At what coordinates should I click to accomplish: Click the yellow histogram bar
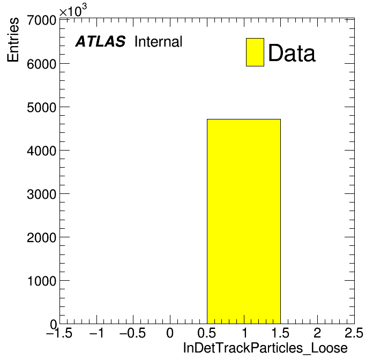244,221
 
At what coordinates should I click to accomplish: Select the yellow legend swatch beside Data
255,52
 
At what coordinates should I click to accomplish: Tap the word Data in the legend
292,53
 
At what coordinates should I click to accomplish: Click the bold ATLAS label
100,41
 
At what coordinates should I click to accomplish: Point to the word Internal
159,42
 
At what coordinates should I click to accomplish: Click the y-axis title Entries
13,40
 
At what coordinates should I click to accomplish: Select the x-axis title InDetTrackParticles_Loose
265,348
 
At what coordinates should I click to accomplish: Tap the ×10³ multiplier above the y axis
73,11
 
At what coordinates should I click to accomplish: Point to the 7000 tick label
41,20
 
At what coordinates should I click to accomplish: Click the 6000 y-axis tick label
41,64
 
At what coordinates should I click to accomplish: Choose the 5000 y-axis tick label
41,107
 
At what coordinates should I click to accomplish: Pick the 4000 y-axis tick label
41,151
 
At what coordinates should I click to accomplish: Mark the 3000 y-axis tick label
41,194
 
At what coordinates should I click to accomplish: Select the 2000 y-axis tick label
41,237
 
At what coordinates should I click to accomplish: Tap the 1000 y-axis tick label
42,281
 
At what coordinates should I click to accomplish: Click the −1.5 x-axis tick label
59,333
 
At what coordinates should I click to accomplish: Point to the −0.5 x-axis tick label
132,333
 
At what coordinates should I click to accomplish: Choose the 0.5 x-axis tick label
207,333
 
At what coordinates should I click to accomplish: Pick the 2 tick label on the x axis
317,333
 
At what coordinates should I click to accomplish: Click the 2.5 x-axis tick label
354,333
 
